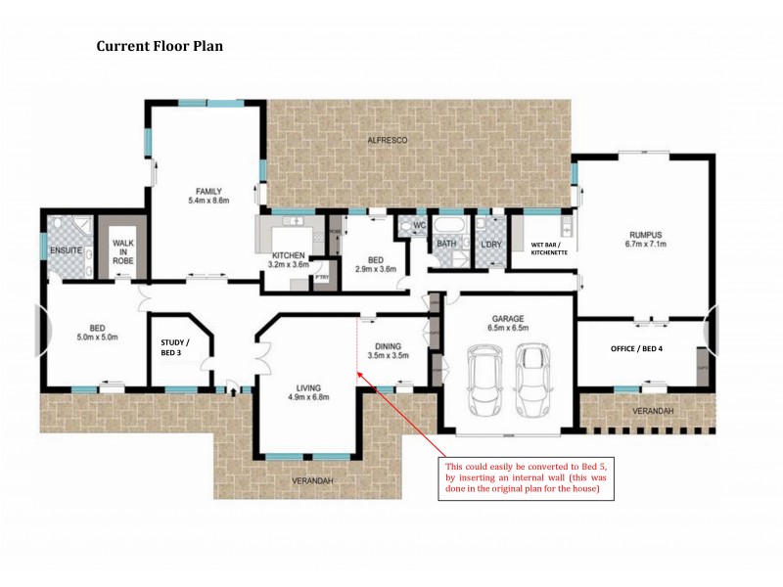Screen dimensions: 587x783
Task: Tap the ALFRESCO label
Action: pyautogui.click(x=387, y=141)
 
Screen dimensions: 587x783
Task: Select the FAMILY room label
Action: pyautogui.click(x=207, y=191)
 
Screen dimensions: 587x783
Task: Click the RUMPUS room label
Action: pyautogui.click(x=646, y=235)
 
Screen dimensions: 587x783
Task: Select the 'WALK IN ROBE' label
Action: pyautogui.click(x=123, y=251)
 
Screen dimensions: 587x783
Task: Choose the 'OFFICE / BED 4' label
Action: pyautogui.click(x=637, y=348)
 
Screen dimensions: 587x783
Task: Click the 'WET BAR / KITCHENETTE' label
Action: pyautogui.click(x=546, y=248)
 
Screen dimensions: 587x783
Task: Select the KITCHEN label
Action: pyautogui.click(x=290, y=255)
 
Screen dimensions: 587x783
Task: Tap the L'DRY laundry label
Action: pyautogui.click(x=490, y=244)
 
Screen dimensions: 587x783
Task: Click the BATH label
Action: pyautogui.click(x=447, y=244)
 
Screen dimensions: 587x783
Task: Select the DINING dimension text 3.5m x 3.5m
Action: pyautogui.click(x=389, y=355)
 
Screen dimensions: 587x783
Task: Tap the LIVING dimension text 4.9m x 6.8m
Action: pyautogui.click(x=308, y=397)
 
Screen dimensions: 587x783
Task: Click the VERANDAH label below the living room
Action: pyautogui.click(x=313, y=481)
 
